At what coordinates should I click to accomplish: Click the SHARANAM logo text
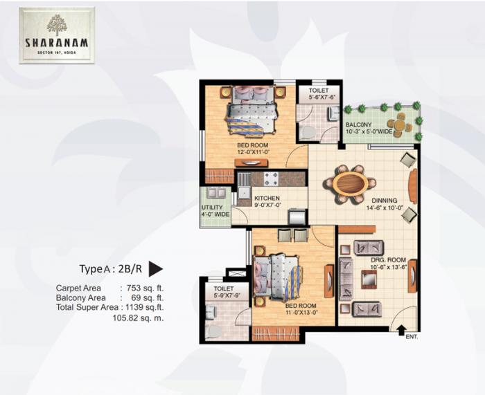tap(57, 40)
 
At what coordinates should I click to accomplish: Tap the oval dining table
tap(351, 184)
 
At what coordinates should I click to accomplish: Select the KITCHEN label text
tap(267, 199)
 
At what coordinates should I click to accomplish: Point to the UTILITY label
tap(211, 208)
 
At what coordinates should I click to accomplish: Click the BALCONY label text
tap(360, 125)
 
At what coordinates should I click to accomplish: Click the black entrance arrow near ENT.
tap(402, 329)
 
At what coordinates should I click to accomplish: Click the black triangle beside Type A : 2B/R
tap(156, 269)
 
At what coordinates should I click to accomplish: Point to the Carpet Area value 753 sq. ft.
tap(144, 288)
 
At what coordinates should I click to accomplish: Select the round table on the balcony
tap(400, 125)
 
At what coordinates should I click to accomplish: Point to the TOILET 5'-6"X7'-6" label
tap(320, 93)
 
